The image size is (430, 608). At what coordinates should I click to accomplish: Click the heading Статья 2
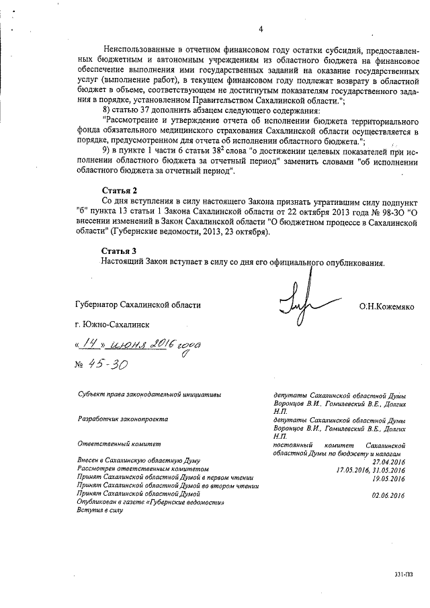pos(119,191)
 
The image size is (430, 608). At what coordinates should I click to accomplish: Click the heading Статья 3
pos(119,251)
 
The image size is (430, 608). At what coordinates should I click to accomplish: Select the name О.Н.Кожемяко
pos(386,306)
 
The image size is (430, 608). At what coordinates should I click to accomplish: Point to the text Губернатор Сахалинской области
pos(138,306)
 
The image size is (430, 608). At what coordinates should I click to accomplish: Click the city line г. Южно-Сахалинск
pos(112,324)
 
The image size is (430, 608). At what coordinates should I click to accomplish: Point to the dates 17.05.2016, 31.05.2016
pos(370,470)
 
